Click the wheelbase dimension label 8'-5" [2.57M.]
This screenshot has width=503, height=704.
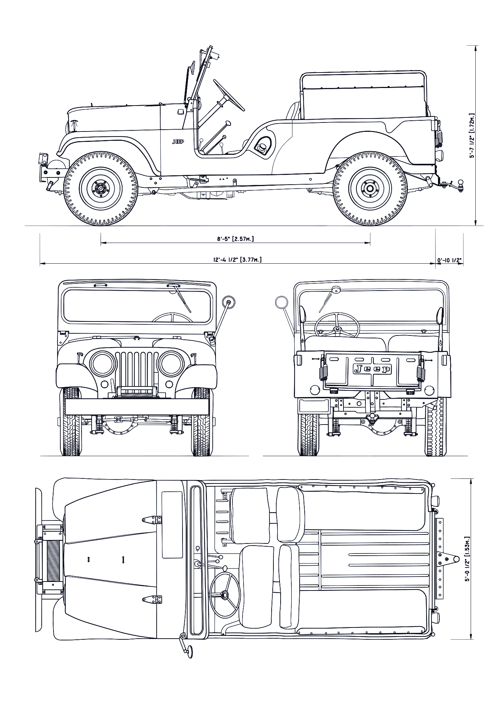(x=235, y=238)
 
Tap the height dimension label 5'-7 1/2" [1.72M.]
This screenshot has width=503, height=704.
(x=472, y=136)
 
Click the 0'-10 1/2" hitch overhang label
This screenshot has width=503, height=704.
(x=449, y=260)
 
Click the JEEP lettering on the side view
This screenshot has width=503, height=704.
(x=177, y=142)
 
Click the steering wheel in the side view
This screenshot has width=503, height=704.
(x=229, y=95)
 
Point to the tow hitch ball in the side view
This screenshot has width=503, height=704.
(x=460, y=183)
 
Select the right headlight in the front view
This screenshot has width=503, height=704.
(x=170, y=363)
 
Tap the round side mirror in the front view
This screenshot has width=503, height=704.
(x=229, y=302)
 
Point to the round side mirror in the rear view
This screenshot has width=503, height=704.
(x=281, y=302)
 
